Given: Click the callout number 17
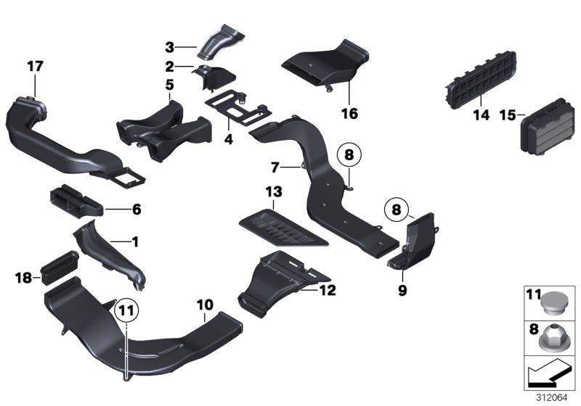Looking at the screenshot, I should pyautogui.click(x=35, y=67).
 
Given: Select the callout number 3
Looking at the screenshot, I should pyautogui.click(x=169, y=47).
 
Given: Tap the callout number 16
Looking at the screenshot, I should pyautogui.click(x=349, y=114).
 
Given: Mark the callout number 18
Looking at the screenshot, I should pyautogui.click(x=23, y=277).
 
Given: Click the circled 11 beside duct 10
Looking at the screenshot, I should pyautogui.click(x=126, y=310).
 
